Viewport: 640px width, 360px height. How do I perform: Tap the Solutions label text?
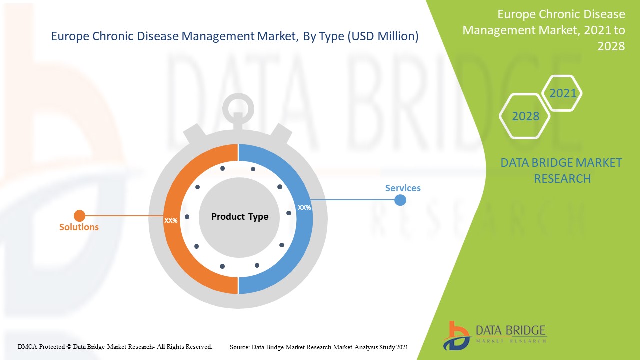[x=79, y=227]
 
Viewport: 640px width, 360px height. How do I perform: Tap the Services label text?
[x=403, y=188]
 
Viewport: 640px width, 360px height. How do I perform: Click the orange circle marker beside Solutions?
[x=79, y=216]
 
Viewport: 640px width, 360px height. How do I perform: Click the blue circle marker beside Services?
[x=400, y=200]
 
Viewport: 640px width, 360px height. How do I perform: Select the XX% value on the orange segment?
[x=171, y=220]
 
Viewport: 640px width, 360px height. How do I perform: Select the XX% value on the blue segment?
[x=304, y=207]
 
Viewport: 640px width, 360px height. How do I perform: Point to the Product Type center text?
[x=240, y=217]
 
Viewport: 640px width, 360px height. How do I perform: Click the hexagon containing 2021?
[x=562, y=93]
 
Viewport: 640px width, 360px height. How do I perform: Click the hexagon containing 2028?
[x=525, y=116]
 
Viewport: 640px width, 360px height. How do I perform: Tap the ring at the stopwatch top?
[x=238, y=104]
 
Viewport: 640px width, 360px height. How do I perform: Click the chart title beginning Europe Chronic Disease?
[x=235, y=36]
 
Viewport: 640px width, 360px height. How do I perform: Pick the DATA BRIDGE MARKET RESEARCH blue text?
[x=561, y=170]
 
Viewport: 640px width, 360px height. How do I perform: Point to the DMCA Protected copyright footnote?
[x=115, y=346]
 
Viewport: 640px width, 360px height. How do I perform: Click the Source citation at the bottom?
[x=319, y=346]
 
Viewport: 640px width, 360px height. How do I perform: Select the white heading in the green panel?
[x=544, y=30]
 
